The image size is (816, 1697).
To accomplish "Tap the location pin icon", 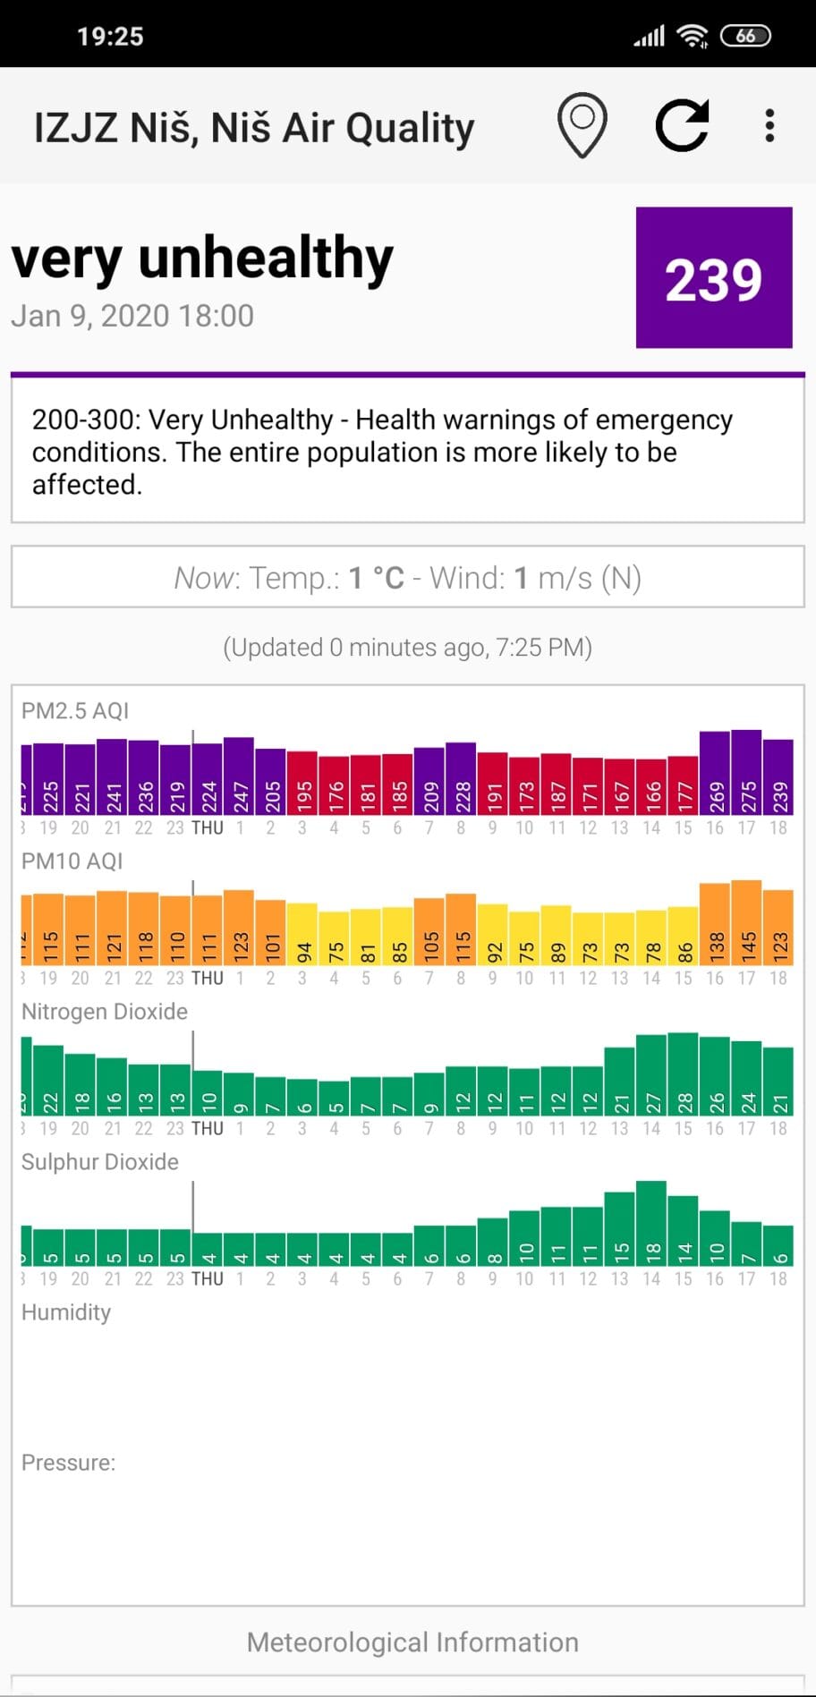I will click(582, 125).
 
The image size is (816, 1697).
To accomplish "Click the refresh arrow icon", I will click(682, 125).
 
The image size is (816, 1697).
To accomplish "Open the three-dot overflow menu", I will click(769, 126).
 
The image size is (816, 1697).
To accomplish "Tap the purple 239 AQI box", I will click(714, 277).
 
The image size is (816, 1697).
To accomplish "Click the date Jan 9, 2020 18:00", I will click(132, 316).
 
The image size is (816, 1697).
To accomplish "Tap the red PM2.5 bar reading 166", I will click(651, 786).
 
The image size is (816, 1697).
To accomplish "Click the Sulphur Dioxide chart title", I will click(100, 1161).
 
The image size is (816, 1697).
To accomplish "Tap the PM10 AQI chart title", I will click(72, 861).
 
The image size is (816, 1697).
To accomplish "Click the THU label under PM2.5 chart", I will click(208, 828).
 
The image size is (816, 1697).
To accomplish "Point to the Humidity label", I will click(66, 1311).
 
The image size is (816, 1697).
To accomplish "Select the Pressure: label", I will click(69, 1462).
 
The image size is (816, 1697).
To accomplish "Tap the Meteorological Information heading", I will click(412, 1642).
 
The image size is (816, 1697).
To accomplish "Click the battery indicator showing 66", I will click(745, 36).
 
